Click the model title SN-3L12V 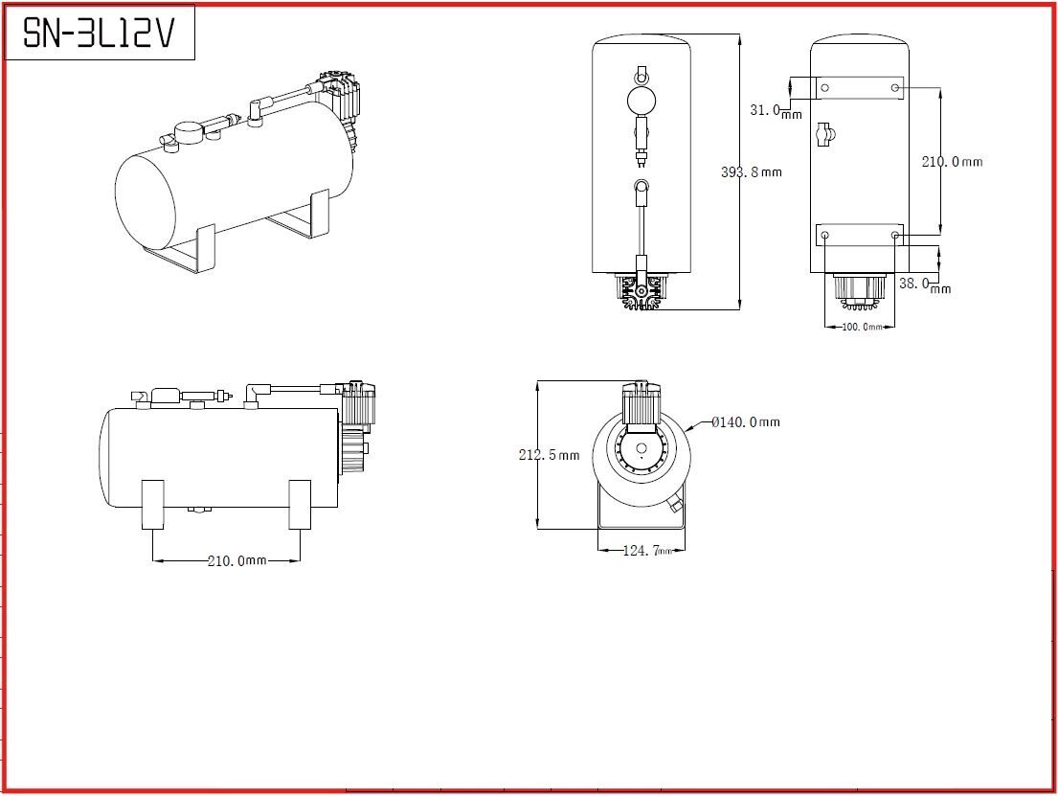(99, 32)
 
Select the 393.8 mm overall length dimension (751, 172)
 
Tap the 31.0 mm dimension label (776, 111)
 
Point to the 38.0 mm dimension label (925, 284)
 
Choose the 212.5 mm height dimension (549, 455)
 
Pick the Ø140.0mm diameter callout (746, 422)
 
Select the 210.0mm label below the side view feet (236, 560)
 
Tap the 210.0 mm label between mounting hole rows (952, 161)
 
